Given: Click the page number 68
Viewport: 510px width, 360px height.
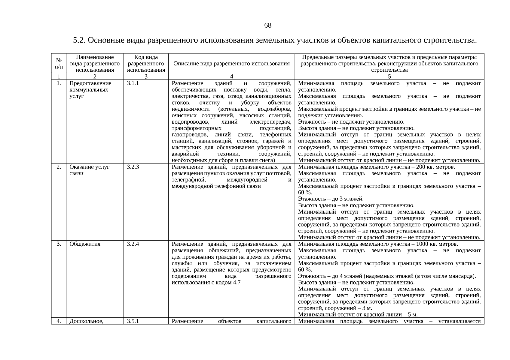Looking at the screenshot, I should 268,25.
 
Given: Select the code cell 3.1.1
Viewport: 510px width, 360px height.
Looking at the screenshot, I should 133,83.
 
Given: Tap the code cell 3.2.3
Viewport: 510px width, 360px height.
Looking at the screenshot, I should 133,167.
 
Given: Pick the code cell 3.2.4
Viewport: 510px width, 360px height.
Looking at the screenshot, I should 133,244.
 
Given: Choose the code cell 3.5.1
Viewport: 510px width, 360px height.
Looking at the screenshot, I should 133,322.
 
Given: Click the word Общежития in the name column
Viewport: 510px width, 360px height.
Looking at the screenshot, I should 85,244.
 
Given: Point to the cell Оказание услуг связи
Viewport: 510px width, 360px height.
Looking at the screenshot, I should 89,170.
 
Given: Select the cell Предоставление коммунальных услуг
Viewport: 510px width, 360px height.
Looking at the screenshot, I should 90,90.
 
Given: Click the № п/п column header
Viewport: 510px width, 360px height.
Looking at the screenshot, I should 59,63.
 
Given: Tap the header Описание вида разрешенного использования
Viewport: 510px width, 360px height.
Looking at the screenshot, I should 231,64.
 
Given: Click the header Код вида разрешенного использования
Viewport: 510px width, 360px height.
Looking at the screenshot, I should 146,63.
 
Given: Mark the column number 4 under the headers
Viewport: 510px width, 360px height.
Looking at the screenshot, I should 231,76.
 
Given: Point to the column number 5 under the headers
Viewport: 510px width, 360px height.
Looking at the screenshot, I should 389,76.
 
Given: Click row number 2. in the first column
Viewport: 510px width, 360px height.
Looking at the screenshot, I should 59,167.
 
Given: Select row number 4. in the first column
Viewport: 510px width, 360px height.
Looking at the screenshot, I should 59,322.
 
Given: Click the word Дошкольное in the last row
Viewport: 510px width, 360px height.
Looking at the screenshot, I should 86,322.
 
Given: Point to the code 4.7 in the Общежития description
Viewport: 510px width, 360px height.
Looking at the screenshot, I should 237,283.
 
